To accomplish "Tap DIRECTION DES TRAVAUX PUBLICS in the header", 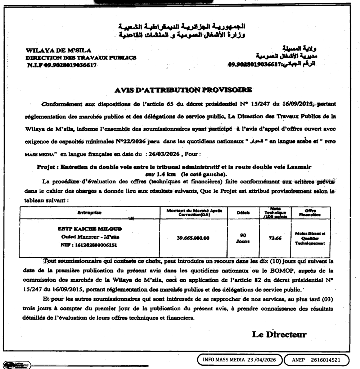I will click(81, 57).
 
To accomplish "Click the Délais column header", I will click(243, 213).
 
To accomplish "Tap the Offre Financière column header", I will click(310, 213).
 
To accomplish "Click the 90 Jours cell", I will click(243, 238).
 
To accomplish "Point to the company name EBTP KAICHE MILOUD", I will click(90, 229).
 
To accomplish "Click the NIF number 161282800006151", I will click(90, 245).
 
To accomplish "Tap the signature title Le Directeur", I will click(279, 334).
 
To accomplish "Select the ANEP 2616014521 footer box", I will click(316, 360).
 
